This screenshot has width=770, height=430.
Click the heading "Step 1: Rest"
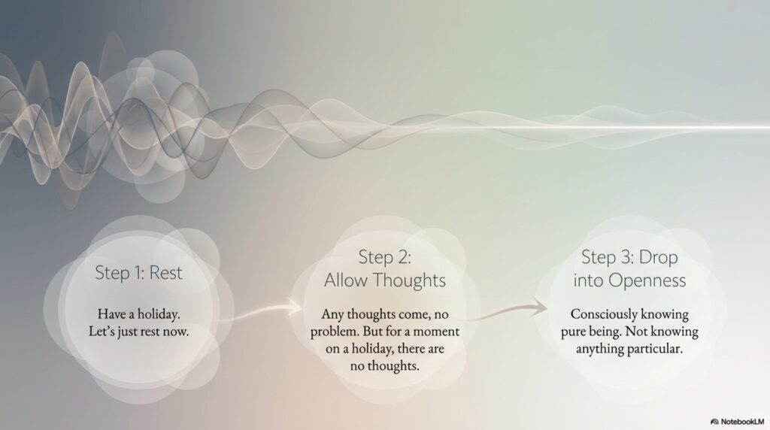click(x=138, y=273)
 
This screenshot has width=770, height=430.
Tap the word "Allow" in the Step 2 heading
click(x=346, y=280)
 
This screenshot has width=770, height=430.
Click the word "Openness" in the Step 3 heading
click(x=647, y=280)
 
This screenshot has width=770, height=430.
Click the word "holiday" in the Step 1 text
click(x=158, y=314)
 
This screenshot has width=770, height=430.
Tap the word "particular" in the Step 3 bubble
click(x=654, y=349)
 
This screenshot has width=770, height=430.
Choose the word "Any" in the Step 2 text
click(x=332, y=314)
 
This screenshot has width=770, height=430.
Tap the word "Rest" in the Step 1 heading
click(x=166, y=273)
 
